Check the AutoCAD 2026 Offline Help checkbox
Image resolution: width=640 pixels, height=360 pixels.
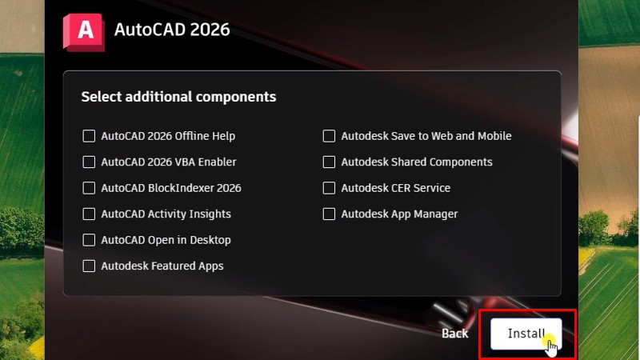[x=89, y=136]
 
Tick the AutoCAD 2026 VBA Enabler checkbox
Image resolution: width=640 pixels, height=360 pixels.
[x=89, y=162]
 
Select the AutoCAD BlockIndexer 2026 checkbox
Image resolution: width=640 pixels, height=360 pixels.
[x=89, y=188]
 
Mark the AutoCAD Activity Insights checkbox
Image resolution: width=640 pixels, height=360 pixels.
[x=89, y=214]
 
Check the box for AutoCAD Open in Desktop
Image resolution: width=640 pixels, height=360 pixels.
[x=89, y=240]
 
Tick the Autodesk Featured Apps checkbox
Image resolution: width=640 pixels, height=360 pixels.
[x=89, y=266]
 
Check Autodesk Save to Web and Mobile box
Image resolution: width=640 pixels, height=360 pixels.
[x=329, y=136]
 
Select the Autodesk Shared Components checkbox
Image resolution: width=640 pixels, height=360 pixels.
[x=329, y=162]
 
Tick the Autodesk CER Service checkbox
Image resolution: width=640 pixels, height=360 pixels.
[x=329, y=188]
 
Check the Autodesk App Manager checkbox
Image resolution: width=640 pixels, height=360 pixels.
[x=329, y=214]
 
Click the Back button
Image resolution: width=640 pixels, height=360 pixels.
[x=454, y=333]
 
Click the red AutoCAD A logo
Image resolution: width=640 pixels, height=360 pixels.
[x=83, y=31]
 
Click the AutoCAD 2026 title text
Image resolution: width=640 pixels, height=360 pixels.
[x=172, y=30]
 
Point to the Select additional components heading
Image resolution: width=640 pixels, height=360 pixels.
[x=178, y=97]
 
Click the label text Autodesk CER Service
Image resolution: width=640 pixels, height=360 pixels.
[x=395, y=188]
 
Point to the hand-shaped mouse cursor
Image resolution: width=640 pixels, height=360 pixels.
[x=552, y=345]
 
